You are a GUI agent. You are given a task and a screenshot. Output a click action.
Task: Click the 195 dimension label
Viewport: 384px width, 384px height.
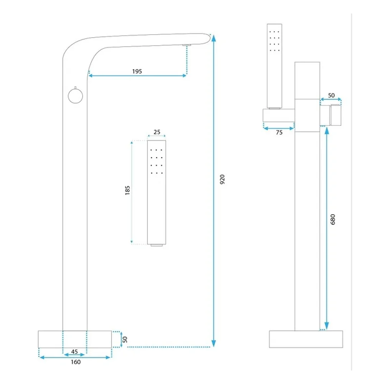click(137, 71)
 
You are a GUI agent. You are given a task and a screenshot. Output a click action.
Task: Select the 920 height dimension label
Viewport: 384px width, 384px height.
click(222, 179)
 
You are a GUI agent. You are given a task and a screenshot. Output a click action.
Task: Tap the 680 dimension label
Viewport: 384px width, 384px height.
click(333, 219)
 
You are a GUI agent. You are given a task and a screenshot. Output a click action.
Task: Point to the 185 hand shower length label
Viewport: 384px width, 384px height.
click(127, 190)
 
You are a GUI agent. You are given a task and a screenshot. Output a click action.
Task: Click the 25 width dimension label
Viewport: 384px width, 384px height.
click(157, 132)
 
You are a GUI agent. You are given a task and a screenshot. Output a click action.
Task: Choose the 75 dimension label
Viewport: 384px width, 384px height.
click(279, 132)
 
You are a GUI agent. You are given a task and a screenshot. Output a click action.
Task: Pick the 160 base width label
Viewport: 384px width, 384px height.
click(76, 362)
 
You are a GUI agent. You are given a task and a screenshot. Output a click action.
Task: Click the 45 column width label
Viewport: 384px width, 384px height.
click(74, 352)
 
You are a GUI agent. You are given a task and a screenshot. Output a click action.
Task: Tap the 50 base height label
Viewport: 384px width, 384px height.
click(125, 339)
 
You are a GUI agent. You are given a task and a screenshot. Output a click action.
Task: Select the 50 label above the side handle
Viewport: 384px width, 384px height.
click(331, 95)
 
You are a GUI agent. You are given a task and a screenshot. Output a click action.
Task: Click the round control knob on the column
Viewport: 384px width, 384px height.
click(75, 96)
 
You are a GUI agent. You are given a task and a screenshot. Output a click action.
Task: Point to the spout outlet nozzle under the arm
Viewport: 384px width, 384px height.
click(187, 45)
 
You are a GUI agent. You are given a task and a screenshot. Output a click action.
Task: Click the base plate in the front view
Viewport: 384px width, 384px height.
click(75, 339)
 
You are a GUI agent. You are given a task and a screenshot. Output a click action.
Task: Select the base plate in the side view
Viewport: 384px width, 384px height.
click(306, 339)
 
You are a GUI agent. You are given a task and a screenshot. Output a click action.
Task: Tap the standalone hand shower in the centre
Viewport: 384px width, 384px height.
click(157, 193)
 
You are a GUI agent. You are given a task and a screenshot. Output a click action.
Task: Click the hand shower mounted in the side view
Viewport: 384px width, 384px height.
click(275, 66)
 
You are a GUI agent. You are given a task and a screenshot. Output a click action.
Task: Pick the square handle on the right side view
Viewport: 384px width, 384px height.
click(336, 115)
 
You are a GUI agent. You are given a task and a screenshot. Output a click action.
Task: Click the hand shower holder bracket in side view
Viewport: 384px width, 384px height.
click(279, 115)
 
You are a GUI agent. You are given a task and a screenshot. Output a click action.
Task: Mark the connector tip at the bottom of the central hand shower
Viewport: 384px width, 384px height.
click(157, 245)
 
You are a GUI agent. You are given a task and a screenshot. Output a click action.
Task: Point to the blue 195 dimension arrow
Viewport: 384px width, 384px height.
click(137, 76)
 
